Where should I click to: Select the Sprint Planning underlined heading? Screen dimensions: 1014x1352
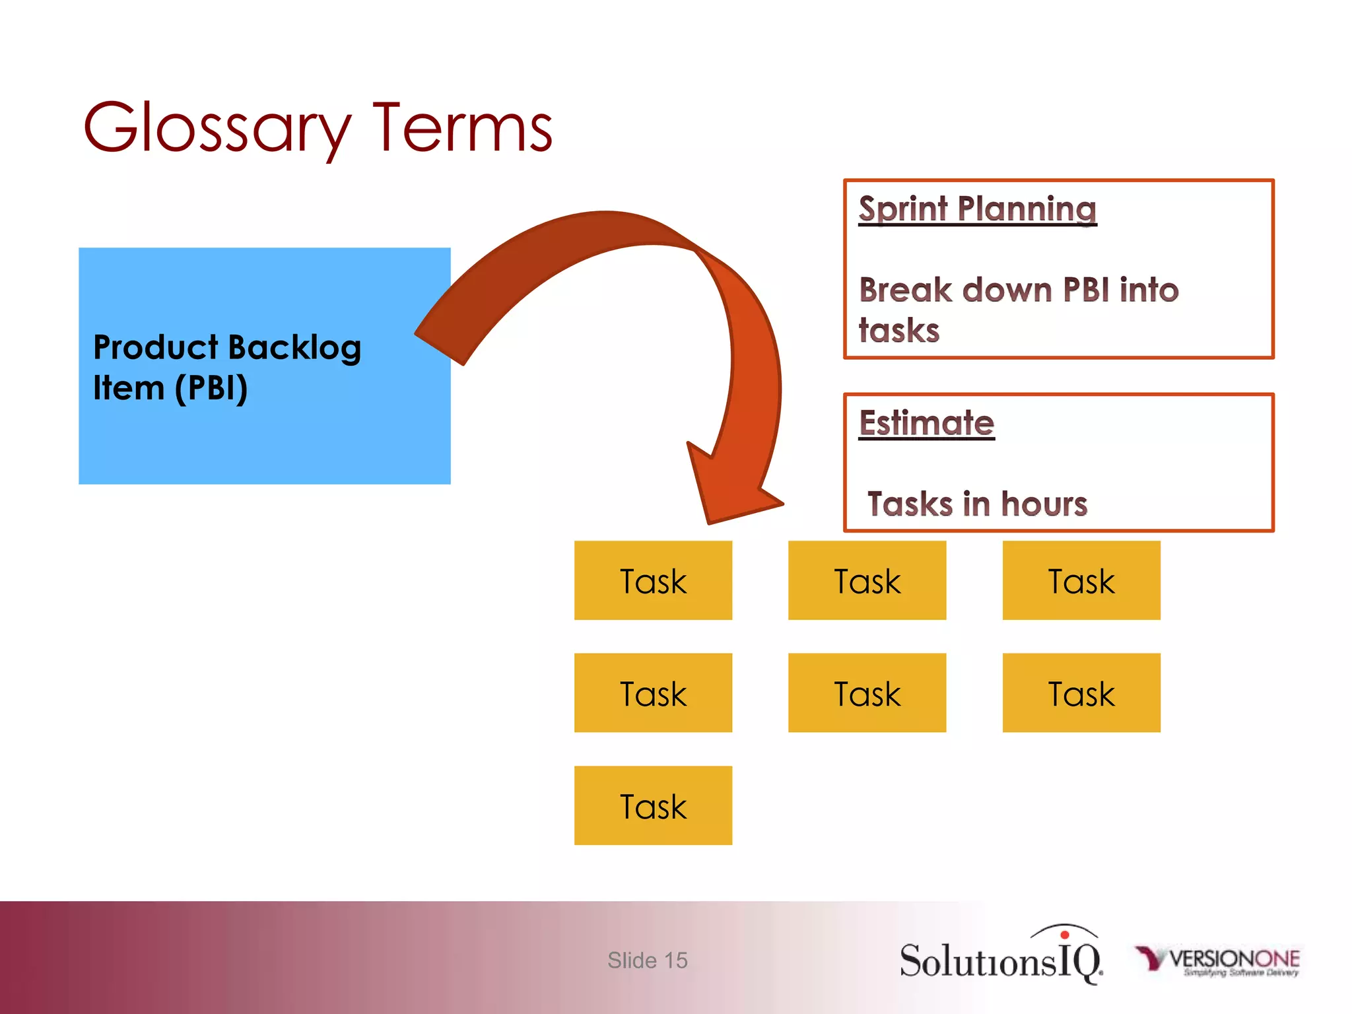tap(977, 209)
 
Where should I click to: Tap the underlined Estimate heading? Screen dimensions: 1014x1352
tap(926, 423)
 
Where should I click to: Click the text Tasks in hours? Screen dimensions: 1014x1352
tap(977, 504)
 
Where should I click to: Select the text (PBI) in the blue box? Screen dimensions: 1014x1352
tap(211, 388)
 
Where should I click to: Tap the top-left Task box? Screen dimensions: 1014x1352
tap(653, 581)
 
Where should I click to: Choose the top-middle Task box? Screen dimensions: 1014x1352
tap(867, 581)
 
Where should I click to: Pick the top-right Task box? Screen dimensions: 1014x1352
tap(1081, 581)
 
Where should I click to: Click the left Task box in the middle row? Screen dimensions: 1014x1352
tap(653, 693)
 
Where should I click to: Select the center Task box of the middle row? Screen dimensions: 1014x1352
tap(867, 693)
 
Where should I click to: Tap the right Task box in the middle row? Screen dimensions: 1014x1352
tap(1081, 693)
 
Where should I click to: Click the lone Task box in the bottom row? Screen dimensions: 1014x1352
tap(653, 806)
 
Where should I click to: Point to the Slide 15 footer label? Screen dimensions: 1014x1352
tap(647, 961)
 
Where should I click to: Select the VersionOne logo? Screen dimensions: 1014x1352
tap(1218, 961)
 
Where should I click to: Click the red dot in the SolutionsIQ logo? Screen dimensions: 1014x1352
tap(1064, 935)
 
